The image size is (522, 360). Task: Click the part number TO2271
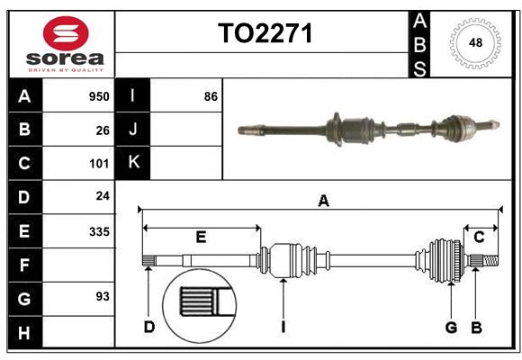tap(265, 33)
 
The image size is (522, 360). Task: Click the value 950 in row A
tap(98, 96)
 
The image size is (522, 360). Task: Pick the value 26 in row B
tap(102, 130)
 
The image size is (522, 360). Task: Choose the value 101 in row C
tap(98, 164)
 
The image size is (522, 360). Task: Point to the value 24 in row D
tap(102, 197)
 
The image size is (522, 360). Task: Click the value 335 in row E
tap(98, 231)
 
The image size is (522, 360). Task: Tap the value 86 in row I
tap(211, 96)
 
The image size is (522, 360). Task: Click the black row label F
tap(24, 265)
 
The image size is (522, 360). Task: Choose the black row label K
tap(132, 163)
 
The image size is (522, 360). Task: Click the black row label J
tap(132, 130)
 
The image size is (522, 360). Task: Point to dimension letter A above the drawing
tap(323, 202)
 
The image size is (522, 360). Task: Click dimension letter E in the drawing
tap(201, 238)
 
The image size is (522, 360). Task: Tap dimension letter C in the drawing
tap(480, 238)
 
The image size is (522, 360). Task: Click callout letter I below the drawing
tap(283, 327)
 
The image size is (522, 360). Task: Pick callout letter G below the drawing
tap(452, 327)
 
